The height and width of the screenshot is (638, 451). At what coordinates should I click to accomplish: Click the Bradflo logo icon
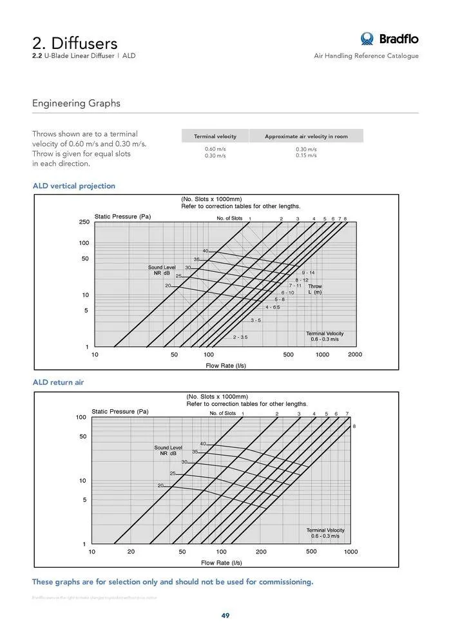click(x=367, y=39)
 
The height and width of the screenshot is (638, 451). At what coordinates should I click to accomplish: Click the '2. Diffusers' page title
click(x=75, y=43)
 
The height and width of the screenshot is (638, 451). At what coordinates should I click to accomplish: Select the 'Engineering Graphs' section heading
click(x=76, y=103)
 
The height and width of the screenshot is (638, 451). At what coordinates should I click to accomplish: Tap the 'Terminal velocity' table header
click(x=215, y=137)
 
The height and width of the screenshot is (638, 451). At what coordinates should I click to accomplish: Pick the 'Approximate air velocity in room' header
click(x=306, y=137)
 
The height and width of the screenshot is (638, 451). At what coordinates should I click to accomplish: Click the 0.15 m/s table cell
click(x=306, y=155)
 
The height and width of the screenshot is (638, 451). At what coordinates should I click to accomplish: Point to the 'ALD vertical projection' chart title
click(x=74, y=186)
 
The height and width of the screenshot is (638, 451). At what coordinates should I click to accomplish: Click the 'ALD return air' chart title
click(x=58, y=382)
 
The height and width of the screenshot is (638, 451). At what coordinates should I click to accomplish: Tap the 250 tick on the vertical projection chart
click(x=84, y=222)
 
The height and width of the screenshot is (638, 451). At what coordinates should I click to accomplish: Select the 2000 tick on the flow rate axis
click(x=355, y=354)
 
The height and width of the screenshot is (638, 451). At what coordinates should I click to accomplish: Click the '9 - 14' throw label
click(x=308, y=273)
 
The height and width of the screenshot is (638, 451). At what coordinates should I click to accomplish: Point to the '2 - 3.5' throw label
click(x=240, y=337)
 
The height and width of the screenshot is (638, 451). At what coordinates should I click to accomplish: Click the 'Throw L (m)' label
click(x=314, y=289)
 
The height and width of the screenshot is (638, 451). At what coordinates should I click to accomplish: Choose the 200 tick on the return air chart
click(x=261, y=552)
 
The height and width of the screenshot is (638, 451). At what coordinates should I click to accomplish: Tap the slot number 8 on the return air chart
click(x=354, y=427)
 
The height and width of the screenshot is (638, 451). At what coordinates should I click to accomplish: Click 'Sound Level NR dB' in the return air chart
click(x=168, y=450)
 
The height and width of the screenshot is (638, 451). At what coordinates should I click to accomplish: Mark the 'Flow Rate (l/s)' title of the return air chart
click(x=222, y=563)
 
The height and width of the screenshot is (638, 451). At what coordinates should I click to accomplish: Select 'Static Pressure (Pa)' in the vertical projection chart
click(x=122, y=217)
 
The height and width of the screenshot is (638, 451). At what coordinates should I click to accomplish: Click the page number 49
click(x=225, y=615)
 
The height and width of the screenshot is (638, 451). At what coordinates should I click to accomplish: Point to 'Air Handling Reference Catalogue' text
click(x=366, y=56)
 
